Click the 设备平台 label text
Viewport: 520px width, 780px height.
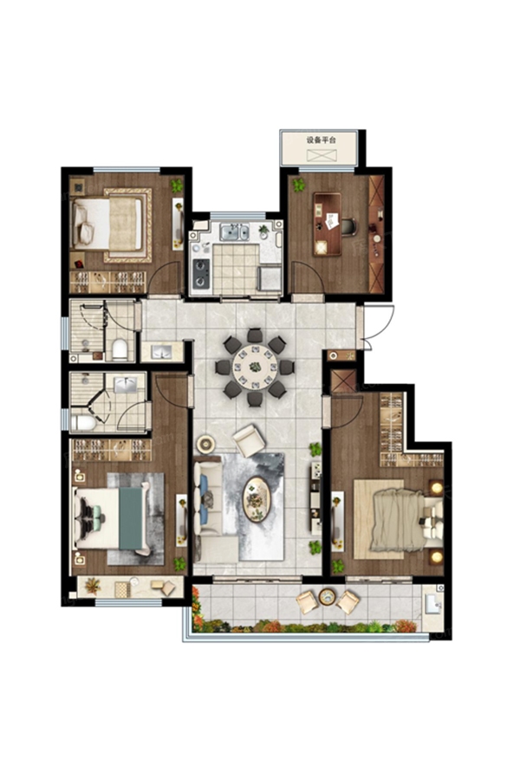point(321,140)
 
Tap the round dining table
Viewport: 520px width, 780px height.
point(255,367)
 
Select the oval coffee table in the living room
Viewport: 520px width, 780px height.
point(257,499)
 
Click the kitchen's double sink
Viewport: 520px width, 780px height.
point(235,232)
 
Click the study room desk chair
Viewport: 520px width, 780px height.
point(348,227)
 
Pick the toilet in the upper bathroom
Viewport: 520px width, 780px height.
point(120,348)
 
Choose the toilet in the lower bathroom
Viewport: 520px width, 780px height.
point(83,423)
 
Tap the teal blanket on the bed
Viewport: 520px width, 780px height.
point(130,518)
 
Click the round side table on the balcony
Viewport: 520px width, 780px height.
point(328,596)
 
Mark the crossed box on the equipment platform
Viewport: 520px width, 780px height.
point(322,155)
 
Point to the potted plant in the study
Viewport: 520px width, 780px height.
point(298,185)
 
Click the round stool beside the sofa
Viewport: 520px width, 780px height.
point(205,444)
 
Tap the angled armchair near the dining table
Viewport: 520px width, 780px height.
point(250,439)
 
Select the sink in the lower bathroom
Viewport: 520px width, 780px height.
point(126,385)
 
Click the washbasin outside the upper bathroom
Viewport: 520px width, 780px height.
point(161,352)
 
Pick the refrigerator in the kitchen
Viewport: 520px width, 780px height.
point(269,277)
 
